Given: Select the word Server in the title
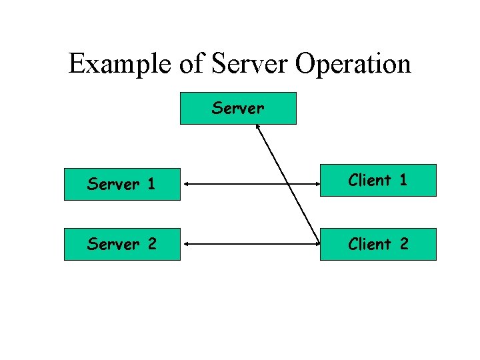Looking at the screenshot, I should coord(251,64).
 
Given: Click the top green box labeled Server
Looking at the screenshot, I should coord(238,108).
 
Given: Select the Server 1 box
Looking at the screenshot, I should coord(122,184).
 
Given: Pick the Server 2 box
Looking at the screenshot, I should coord(122,244).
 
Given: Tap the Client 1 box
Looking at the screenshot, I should coord(378,181).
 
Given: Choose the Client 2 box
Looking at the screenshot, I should coord(378,244).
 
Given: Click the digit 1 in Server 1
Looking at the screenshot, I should coord(151,184).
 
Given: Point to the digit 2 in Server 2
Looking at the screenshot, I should coord(151,244).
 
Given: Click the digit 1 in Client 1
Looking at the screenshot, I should coord(403,180).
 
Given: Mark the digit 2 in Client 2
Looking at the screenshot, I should coord(404,244).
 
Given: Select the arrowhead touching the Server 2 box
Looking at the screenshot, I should coord(185,244).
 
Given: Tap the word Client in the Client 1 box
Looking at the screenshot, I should coord(369,180).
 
